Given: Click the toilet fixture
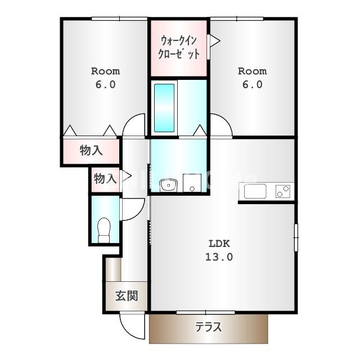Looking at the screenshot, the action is pos(103,230).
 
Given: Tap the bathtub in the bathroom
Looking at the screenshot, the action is pos(164,108).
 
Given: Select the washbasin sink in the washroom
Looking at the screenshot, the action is pos(169,185).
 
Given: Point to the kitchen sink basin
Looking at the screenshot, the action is pos(255,191).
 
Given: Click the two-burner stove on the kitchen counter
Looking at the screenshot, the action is pos(283,191).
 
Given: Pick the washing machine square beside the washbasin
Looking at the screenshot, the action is pos(192,183).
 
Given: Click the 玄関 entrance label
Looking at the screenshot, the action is pos(127,296).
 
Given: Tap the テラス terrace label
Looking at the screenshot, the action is pos(209,327).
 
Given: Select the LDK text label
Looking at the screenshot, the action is pos(219,244).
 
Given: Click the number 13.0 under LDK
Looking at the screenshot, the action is pos(219,257).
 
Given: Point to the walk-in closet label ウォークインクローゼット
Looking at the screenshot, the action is pos(179,47).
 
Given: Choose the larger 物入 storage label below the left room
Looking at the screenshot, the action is pos(91,151).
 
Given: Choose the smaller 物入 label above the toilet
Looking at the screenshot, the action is pos(105,179).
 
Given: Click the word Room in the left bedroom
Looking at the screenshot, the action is pos(105,71).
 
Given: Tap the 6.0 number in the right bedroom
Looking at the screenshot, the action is pos(253,85).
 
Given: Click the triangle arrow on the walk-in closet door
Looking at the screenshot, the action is pos(215,41).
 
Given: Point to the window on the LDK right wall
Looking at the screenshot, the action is pos(296,237).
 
